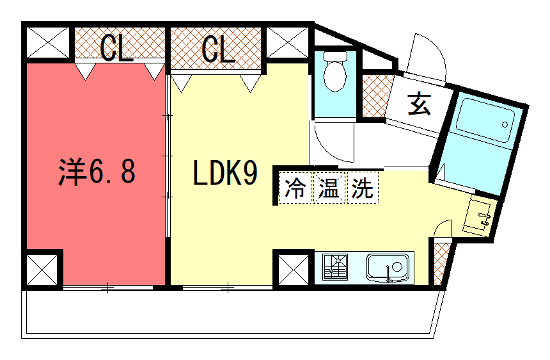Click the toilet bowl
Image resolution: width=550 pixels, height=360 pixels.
coord(336,73)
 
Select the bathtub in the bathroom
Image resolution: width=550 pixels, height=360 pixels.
coord(486,130)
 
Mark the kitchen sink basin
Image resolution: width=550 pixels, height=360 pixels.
coord(386,268)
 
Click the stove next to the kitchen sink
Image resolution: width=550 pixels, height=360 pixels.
coord(336,268)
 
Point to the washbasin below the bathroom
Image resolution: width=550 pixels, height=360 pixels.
coord(481,215)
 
